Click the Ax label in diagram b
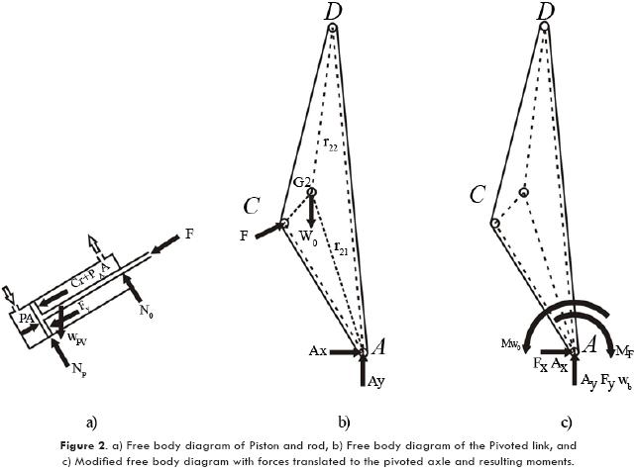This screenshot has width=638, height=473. [317, 351]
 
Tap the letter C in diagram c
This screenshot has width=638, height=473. [478, 193]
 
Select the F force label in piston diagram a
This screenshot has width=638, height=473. [189, 234]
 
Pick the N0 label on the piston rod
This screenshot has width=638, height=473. [147, 311]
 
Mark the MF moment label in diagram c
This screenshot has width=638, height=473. [625, 351]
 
